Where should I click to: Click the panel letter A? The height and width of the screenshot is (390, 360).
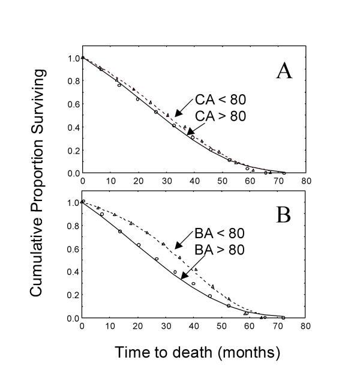pos(284,71)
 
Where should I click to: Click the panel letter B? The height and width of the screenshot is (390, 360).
pos(284,215)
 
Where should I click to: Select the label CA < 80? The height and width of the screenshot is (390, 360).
pos(220,100)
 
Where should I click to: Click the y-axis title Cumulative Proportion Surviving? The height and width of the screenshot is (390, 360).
pos(37,183)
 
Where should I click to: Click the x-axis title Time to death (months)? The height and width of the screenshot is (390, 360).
pos(197,352)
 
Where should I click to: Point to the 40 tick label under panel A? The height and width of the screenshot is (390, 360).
pos(194,182)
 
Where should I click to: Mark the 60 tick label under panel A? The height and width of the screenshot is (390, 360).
pos(250,182)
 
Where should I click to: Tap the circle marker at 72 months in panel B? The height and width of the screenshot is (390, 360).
pos(283,317)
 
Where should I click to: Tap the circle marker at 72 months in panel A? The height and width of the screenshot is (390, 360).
pos(283,173)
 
